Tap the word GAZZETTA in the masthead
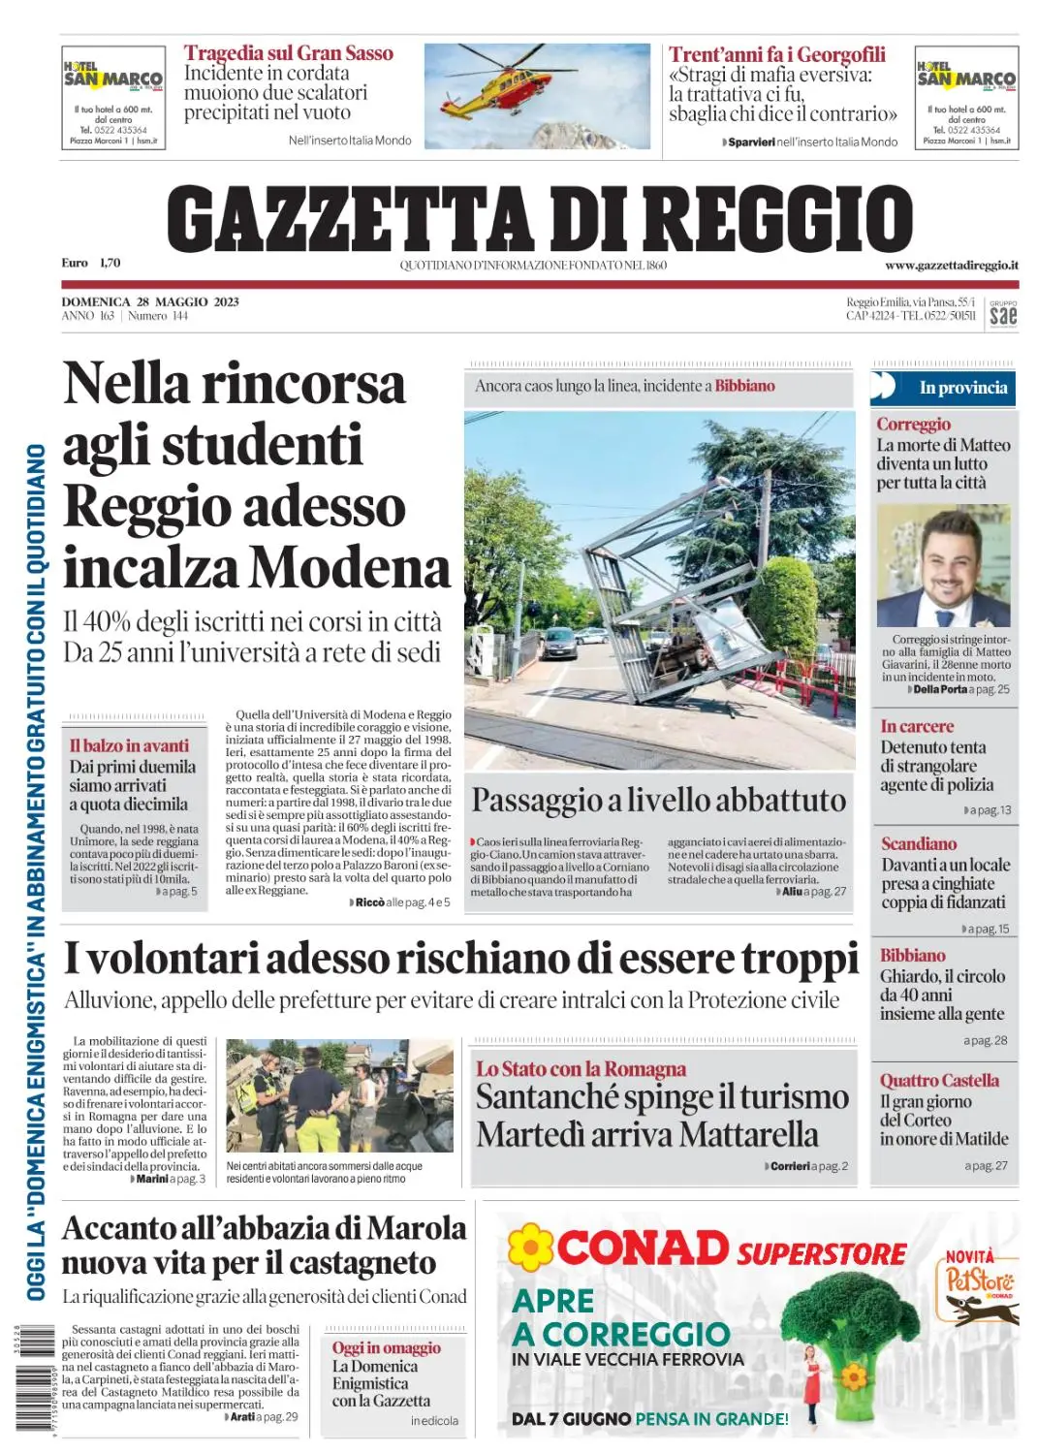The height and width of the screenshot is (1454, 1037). pyautogui.click(x=349, y=219)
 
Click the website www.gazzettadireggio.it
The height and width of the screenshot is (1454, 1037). pyautogui.click(x=951, y=266)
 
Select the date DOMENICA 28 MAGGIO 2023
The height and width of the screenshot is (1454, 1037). pyautogui.click(x=150, y=301)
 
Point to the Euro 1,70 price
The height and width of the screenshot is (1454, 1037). pyautogui.click(x=91, y=263)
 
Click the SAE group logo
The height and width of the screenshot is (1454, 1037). pyautogui.click(x=1003, y=314)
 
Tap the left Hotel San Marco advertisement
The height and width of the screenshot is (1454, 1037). pyautogui.click(x=113, y=97)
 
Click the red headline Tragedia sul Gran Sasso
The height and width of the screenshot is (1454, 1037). pyautogui.click(x=289, y=53)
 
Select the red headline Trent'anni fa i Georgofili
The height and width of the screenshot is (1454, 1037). pyautogui.click(x=776, y=54)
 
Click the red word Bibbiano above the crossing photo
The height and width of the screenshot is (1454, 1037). pyautogui.click(x=744, y=386)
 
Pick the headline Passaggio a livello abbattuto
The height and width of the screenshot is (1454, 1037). pyautogui.click(x=658, y=800)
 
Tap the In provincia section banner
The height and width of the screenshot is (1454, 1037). pyautogui.click(x=961, y=388)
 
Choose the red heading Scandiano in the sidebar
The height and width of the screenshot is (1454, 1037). pyautogui.click(x=919, y=843)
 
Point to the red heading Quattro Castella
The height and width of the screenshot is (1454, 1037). pyautogui.click(x=939, y=1080)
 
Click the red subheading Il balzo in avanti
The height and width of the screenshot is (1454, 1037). pyautogui.click(x=129, y=745)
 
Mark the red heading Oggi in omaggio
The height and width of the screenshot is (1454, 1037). pyautogui.click(x=386, y=1347)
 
